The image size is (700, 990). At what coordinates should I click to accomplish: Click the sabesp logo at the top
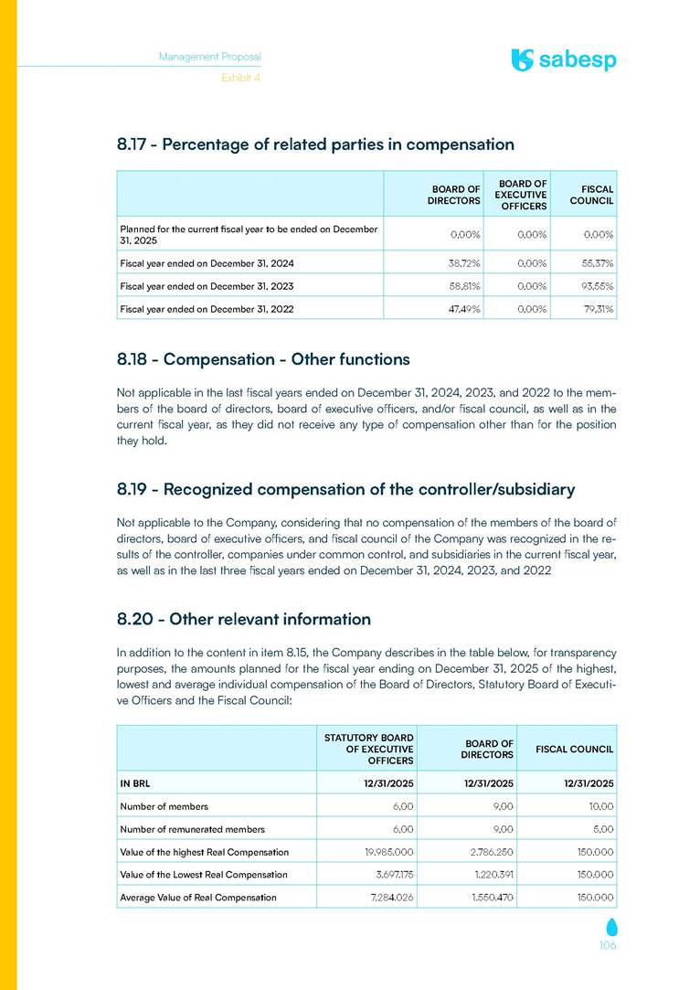[x=564, y=60]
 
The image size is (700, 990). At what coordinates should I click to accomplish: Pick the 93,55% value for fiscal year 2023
[x=596, y=286]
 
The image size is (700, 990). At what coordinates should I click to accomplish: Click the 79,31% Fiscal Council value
[x=596, y=309]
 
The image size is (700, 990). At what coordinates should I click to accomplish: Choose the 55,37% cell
[x=596, y=263]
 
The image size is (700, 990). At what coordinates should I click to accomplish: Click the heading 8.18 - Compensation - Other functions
[x=263, y=358]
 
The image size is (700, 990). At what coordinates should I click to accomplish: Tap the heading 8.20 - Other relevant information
[x=244, y=619]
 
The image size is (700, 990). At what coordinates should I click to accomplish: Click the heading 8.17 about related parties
[x=315, y=144]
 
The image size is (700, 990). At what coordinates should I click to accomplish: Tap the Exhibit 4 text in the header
[x=241, y=79]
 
